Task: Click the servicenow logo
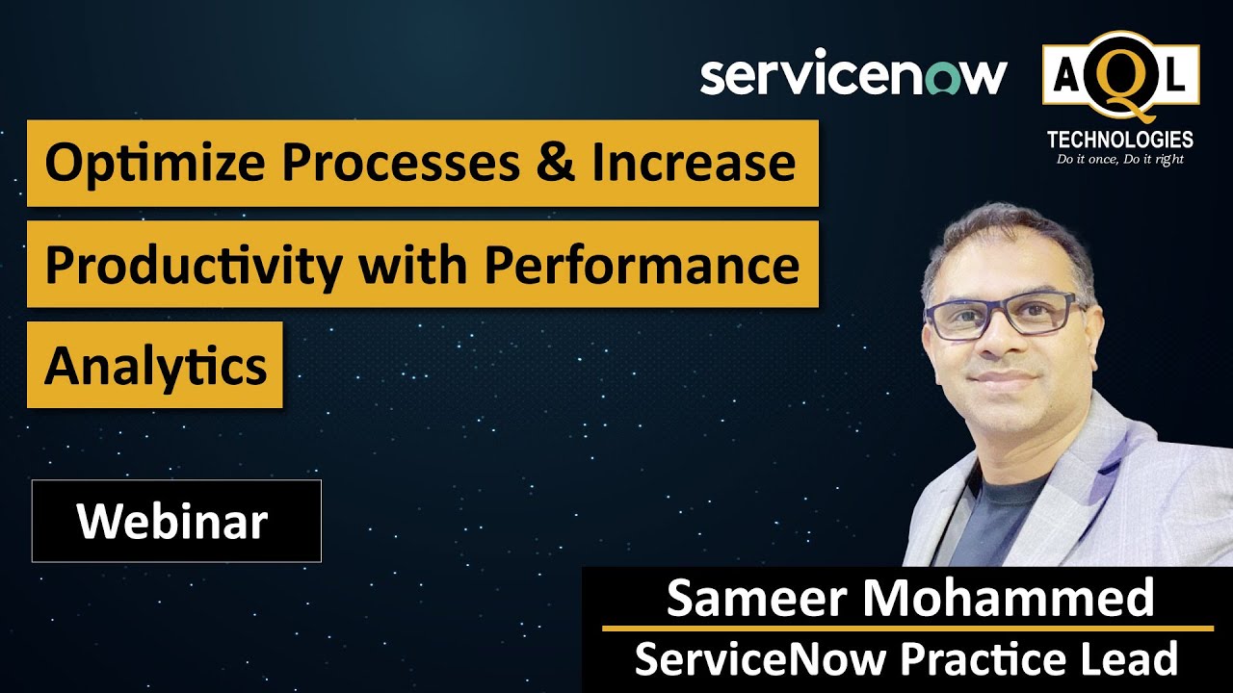(853, 75)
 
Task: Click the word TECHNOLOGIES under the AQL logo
(1119, 140)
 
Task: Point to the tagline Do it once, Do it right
(1119, 159)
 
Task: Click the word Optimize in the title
(150, 164)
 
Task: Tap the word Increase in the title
(694, 163)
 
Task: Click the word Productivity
(193, 265)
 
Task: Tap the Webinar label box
(176, 521)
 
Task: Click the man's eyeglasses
(1002, 316)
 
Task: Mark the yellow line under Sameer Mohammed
(907, 629)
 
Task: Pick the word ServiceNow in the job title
(760, 659)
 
